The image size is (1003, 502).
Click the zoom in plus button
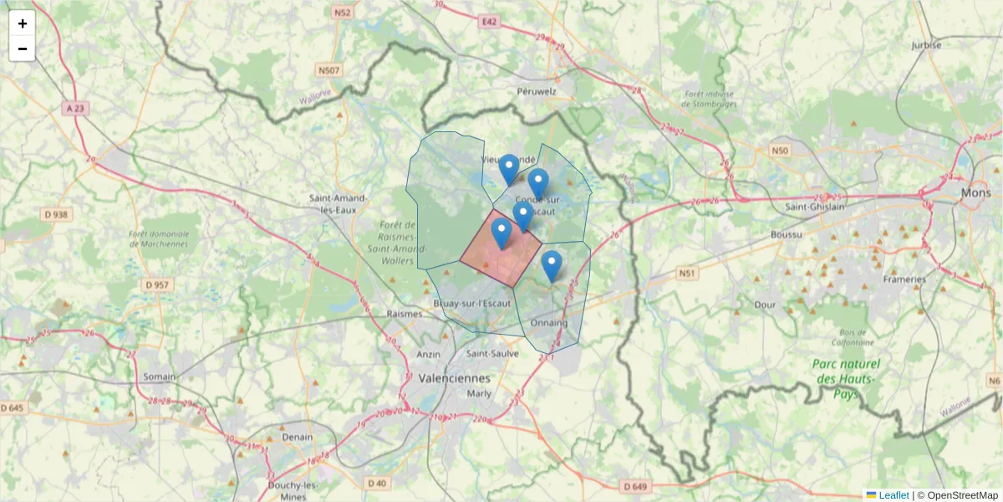pos(22,23)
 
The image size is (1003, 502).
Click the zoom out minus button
pos(22,49)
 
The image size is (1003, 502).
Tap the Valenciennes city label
pos(455,377)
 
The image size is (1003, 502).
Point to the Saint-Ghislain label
pos(816,206)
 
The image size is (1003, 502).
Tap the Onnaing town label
pos(548,322)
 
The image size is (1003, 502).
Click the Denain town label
pos(297,437)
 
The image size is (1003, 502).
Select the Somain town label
pos(159,376)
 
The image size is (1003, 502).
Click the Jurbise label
pos(926,45)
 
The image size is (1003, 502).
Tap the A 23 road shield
pos(74,108)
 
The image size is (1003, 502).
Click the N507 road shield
pos(328,70)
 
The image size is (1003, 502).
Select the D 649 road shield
pos(635,486)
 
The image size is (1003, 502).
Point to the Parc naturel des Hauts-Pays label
pos(848,378)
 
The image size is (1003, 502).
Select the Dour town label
pos(765,305)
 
